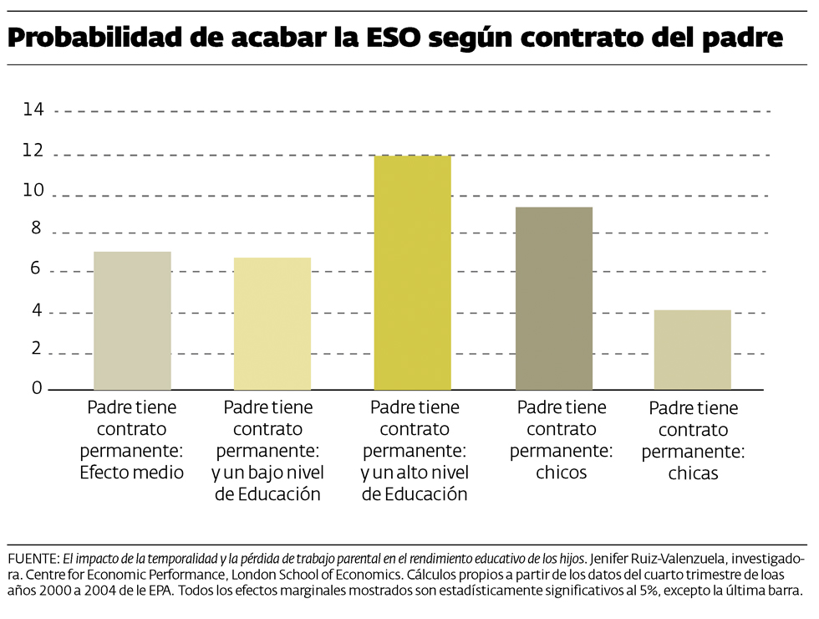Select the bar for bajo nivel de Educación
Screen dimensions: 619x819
click(272, 324)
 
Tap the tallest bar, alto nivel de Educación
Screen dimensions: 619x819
click(413, 273)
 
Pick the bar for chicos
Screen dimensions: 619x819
click(554, 299)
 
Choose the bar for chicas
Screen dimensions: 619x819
click(693, 350)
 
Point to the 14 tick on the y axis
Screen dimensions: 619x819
click(33, 110)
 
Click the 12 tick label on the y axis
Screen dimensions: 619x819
click(33, 151)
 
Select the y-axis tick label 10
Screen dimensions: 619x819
click(33, 192)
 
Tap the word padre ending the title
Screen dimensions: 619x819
click(740, 38)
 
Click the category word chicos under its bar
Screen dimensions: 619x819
click(561, 473)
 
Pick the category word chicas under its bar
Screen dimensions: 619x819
click(693, 474)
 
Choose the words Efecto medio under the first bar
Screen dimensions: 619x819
click(131, 473)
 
